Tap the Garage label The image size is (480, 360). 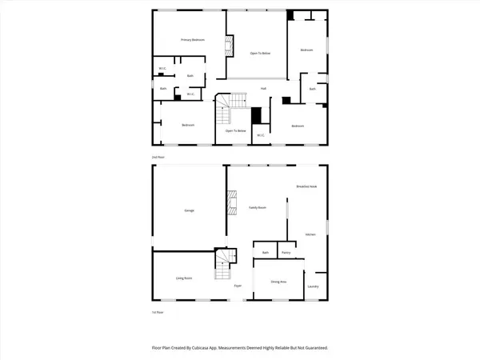pyautogui.click(x=190, y=210)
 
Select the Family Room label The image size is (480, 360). pyautogui.click(x=257, y=207)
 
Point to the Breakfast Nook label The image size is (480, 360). pyautogui.click(x=307, y=186)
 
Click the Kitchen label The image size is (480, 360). pyautogui.click(x=310, y=234)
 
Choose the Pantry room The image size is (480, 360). pyautogui.click(x=286, y=253)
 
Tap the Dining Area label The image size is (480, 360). pyautogui.click(x=278, y=281)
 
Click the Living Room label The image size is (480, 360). pyautogui.click(x=184, y=278)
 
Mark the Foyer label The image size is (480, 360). pyautogui.click(x=238, y=286)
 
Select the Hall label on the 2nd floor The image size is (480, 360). pyautogui.click(x=262, y=88)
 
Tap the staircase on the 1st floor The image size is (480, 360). pyautogui.click(x=222, y=265)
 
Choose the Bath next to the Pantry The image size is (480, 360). pyautogui.click(x=265, y=253)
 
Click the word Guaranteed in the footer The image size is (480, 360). pyautogui.click(x=311, y=348)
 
